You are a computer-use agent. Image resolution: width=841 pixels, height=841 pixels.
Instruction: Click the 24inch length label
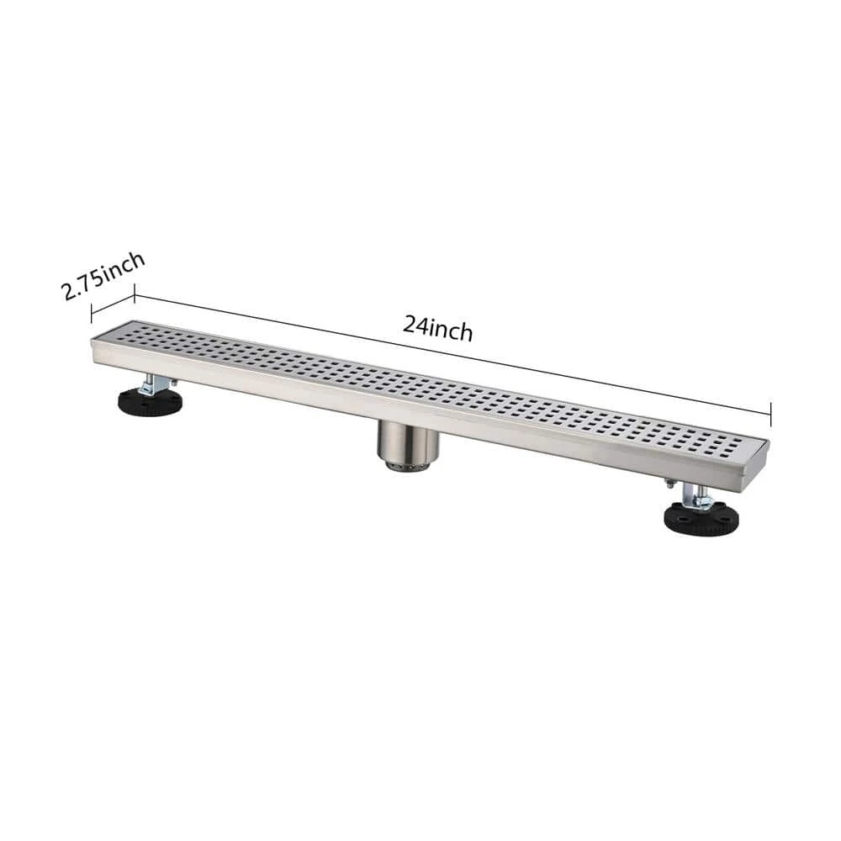[437, 328]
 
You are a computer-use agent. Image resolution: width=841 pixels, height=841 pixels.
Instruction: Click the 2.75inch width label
[103, 276]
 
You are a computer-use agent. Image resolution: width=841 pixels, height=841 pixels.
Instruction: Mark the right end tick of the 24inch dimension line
[770, 412]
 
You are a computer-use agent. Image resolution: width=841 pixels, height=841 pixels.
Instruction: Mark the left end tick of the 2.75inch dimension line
[92, 312]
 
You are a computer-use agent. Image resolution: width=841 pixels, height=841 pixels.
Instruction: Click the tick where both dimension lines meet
[135, 295]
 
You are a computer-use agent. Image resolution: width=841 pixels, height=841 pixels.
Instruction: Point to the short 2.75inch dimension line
[113, 304]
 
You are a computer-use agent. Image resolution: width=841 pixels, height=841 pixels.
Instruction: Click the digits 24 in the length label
[414, 324]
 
